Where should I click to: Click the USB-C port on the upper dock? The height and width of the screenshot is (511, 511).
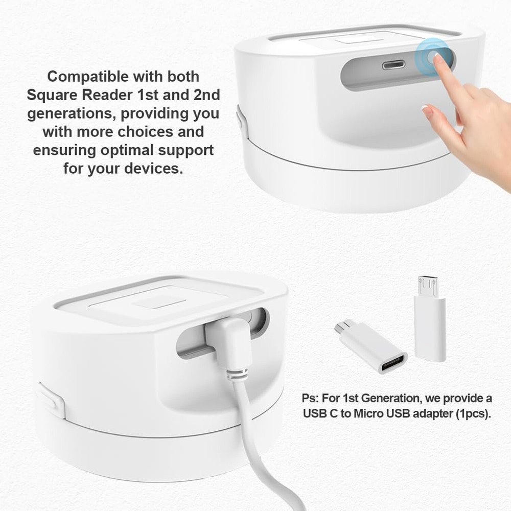tap(393, 65)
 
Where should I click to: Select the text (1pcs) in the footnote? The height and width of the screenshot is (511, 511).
tap(472, 413)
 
